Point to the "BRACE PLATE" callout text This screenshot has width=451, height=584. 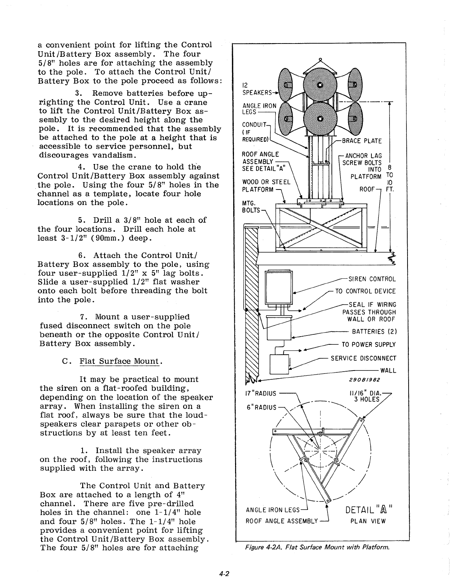[362, 141]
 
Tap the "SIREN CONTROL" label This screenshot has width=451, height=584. [369, 279]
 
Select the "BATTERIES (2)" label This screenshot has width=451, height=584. [374, 331]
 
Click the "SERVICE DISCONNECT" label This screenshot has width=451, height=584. [363, 358]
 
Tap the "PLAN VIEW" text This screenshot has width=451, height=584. [368, 521]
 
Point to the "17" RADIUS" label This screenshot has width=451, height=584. [261, 393]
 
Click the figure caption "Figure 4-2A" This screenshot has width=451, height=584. [317, 547]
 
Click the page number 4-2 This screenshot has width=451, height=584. [224, 573]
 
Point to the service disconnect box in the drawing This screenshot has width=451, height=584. [280, 364]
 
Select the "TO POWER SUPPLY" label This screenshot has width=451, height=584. [368, 345]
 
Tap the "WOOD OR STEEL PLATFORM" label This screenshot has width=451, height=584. [266, 186]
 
